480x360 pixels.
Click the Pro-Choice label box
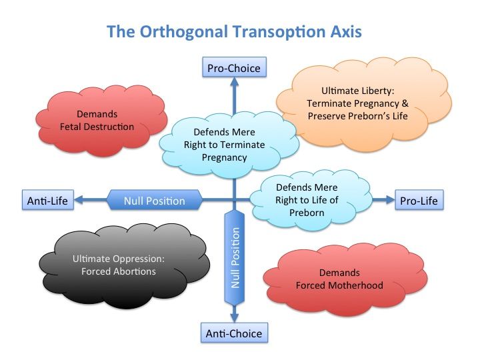click(233, 68)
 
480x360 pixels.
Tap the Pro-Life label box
click(420, 200)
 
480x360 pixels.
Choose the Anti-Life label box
click(47, 200)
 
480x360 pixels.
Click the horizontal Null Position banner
click(155, 200)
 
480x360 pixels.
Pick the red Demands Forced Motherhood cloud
click(339, 279)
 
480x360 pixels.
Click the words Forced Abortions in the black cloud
click(115, 271)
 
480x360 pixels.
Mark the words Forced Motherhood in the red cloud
click(340, 285)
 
